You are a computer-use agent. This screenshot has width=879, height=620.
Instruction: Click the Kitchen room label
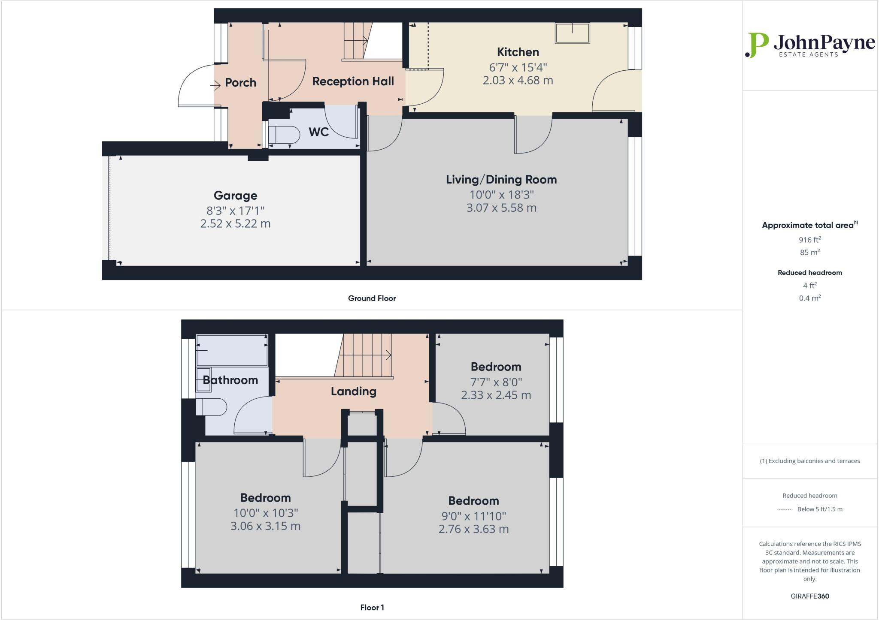pos(518,52)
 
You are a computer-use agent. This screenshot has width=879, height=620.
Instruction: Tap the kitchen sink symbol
pos(572,33)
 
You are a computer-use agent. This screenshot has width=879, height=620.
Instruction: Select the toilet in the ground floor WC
pos(284,135)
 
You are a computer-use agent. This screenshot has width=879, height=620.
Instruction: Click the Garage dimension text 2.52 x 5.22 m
pos(235,224)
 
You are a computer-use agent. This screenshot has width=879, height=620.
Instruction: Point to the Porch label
pos(240,83)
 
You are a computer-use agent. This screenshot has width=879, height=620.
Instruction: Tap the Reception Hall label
pos(353,81)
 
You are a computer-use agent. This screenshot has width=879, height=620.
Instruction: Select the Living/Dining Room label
pos(501,180)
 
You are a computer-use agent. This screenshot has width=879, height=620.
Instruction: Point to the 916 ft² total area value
pos(809,240)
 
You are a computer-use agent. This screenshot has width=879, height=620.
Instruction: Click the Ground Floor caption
pos(372,298)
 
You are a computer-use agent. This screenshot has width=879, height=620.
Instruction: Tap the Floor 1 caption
pos(372,608)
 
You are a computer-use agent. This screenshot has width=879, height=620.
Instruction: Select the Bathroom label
pos(230,380)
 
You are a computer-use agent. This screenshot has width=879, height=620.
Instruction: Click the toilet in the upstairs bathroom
pos(211,407)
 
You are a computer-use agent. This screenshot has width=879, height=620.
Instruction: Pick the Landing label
pos(353,391)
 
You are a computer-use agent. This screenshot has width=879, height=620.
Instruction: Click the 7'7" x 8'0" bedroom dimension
pos(496,382)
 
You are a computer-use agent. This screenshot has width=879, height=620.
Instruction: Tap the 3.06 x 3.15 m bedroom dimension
pos(265,526)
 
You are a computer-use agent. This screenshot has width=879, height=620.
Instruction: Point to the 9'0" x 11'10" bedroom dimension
pos(473,516)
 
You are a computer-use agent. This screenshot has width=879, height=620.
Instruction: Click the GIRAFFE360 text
pos(809,596)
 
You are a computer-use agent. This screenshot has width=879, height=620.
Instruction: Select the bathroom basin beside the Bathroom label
pos(204,379)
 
